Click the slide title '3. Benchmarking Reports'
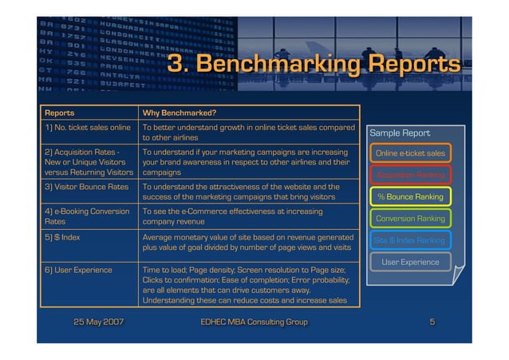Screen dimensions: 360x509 [x=314, y=64]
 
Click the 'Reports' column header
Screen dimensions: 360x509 [x=60, y=113]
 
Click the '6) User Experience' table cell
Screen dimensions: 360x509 [x=78, y=270]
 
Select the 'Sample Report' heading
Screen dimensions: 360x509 [x=400, y=133]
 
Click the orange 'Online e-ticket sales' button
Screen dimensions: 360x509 [x=411, y=152]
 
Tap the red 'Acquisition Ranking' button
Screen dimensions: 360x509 [x=411, y=175]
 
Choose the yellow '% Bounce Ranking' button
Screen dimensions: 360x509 [x=411, y=196]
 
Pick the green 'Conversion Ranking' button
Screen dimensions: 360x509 [x=411, y=218]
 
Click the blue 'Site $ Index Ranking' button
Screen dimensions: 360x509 [x=411, y=239]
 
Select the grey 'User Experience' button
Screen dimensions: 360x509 [x=411, y=262]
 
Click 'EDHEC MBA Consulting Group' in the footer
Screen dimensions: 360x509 [x=254, y=322]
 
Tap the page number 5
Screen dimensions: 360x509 [x=432, y=322]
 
